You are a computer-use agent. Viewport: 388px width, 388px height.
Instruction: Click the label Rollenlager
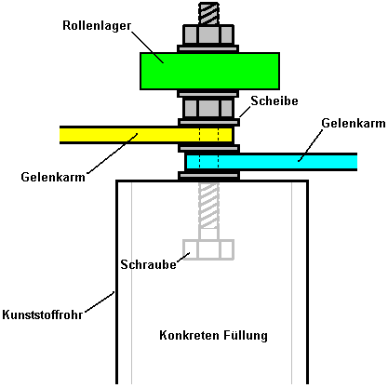point(97,26)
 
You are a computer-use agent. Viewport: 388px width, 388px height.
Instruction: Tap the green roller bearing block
point(209,71)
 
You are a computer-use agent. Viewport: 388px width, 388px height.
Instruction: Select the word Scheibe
point(274,100)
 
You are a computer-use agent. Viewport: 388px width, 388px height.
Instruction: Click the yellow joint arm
point(146,135)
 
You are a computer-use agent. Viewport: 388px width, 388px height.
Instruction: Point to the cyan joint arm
point(271,162)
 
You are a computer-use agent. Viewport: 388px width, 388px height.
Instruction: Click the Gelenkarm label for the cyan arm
point(354,123)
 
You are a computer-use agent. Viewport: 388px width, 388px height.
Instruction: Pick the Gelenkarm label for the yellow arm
point(53,177)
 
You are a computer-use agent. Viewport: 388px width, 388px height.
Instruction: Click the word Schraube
point(148,264)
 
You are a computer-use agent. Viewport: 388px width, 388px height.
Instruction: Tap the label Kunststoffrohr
point(43,314)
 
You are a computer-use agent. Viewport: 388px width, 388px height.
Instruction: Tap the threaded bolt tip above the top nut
point(208,13)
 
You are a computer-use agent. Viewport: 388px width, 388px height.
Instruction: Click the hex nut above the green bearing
point(208,34)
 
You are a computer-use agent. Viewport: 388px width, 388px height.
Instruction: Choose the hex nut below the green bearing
point(208,108)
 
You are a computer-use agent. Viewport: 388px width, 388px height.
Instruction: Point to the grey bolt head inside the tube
point(208,249)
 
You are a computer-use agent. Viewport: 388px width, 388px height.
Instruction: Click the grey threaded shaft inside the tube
point(208,206)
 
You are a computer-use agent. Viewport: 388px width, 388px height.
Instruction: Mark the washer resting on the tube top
point(208,176)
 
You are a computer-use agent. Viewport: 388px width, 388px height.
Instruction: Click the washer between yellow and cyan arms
point(208,149)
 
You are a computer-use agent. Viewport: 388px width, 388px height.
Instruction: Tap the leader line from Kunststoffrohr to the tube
point(100,301)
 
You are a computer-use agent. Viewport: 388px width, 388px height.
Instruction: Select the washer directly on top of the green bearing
point(208,48)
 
